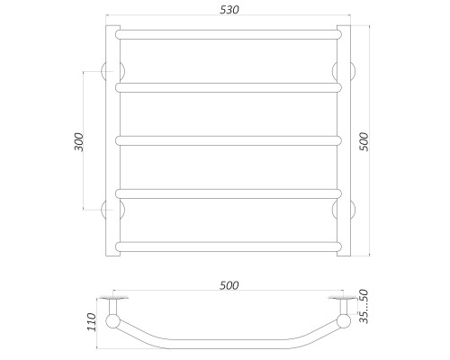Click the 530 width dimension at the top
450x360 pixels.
point(229,10)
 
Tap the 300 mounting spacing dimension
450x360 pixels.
point(79,141)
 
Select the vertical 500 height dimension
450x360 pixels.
point(364,141)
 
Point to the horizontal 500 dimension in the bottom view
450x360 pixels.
point(229,285)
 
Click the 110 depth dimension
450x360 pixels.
point(92,322)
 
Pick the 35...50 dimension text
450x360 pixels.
point(364,306)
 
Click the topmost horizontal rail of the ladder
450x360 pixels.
point(229,34)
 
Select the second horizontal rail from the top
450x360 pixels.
point(229,87)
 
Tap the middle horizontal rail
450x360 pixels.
point(229,140)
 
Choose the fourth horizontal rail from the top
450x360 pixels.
point(229,193)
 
